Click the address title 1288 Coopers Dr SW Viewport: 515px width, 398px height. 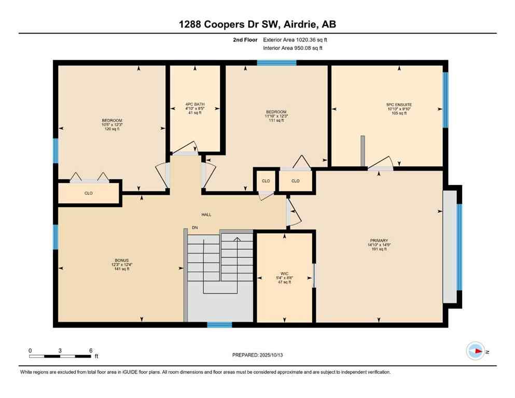(257, 24)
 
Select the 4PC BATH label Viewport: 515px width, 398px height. (195, 105)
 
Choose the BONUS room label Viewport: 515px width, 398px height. (121, 260)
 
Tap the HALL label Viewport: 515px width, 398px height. (206, 215)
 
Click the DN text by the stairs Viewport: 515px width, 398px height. (194, 228)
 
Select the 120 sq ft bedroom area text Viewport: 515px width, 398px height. (112, 129)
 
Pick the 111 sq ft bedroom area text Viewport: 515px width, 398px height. (276, 120)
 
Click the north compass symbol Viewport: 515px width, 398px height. (475, 351)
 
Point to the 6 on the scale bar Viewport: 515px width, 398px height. (91, 351)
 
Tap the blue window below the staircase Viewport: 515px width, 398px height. (219, 325)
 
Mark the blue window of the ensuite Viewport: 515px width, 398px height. (444, 99)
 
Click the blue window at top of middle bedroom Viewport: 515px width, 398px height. (276, 63)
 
